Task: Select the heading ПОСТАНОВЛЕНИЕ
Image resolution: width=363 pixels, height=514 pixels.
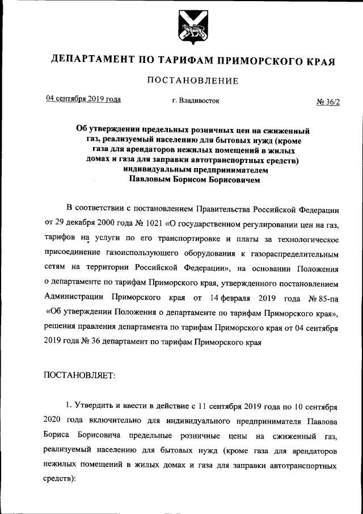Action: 192,81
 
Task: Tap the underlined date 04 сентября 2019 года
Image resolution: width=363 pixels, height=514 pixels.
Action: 83,98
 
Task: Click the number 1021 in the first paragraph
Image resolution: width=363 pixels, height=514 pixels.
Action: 146,220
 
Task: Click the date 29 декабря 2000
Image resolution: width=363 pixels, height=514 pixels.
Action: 82,220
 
